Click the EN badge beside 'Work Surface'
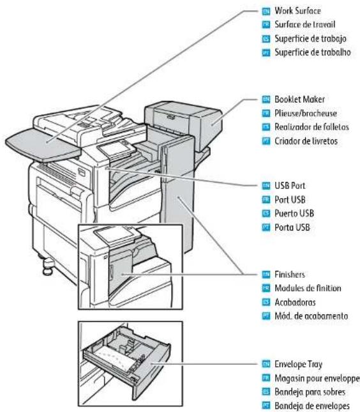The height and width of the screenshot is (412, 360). pos(267,11)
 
